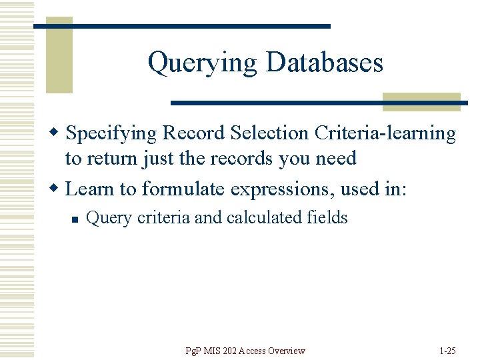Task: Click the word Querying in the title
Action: tap(202, 64)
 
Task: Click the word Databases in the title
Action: tap(325, 63)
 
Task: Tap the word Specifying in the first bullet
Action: tap(112, 134)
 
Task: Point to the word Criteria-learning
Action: tap(385, 134)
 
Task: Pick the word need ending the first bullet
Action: tap(337, 159)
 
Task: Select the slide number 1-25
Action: tap(448, 351)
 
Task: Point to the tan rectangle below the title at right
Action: tap(421, 101)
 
